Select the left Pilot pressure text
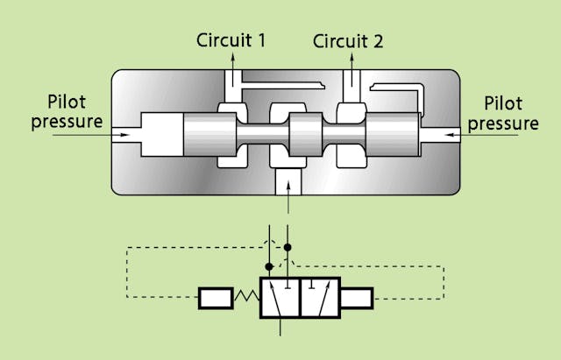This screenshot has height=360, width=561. (67, 112)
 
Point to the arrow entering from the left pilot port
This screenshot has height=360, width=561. (118, 135)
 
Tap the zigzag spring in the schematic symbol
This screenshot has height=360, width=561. (245, 299)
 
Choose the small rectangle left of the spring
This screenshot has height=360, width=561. (215, 299)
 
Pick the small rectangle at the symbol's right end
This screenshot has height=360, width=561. (357, 299)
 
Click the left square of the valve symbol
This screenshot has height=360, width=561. (280, 299)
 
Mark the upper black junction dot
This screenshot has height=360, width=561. (288, 248)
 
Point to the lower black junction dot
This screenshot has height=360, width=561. (270, 265)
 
